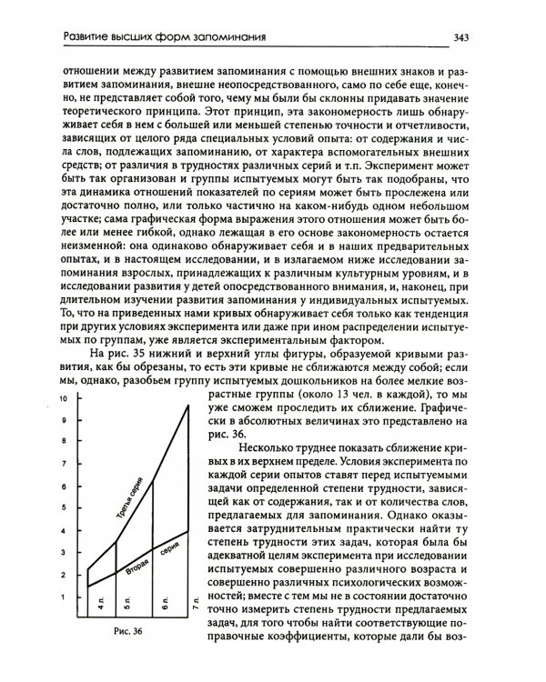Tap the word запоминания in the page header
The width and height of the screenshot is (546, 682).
click(x=227, y=36)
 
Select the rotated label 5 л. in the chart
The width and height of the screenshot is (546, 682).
click(x=129, y=601)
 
